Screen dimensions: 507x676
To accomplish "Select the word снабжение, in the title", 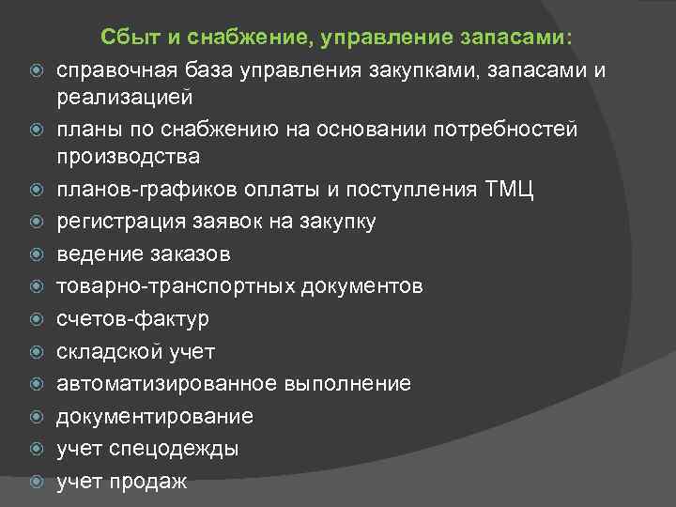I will click(253, 37).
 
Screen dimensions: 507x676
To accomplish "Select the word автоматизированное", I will click(167, 384).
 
